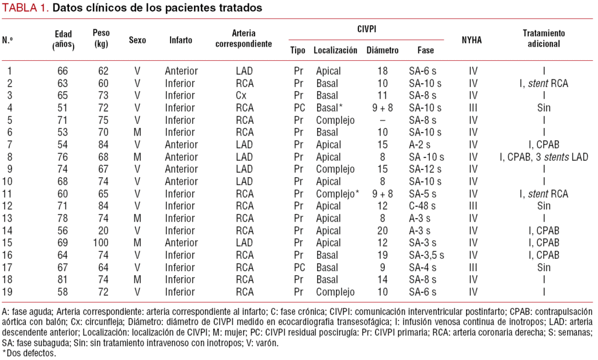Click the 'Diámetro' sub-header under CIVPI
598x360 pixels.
pos(383,50)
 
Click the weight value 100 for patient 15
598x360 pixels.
pos(103,243)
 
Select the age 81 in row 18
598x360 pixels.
pos(62,279)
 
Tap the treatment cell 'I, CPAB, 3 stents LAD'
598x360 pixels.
pos(544,157)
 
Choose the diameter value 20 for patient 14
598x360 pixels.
pos(383,230)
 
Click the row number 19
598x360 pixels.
pos(8,292)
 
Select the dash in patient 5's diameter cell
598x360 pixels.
pos(383,120)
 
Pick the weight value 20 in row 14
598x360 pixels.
pos(103,230)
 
